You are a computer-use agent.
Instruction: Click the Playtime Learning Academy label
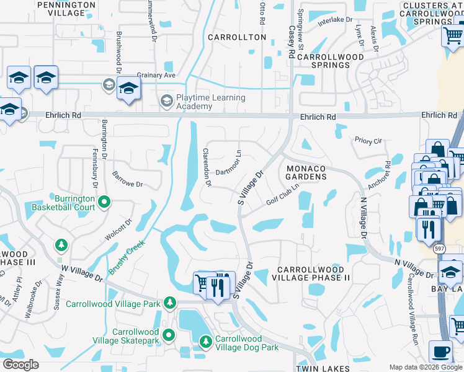[x=211, y=102]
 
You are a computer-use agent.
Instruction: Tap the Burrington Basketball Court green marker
[x=104, y=201]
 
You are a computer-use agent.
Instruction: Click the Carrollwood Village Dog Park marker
[x=207, y=340]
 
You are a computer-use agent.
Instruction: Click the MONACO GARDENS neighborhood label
[x=306, y=172]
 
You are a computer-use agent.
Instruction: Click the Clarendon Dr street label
[x=207, y=167]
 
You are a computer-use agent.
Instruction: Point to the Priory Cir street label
[x=368, y=141]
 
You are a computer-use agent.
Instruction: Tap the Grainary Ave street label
[x=157, y=75]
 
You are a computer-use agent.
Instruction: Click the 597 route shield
[x=440, y=248]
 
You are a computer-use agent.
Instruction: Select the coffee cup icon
[x=442, y=352]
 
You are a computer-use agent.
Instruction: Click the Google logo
[x=20, y=365]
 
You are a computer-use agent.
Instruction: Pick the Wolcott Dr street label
[x=120, y=228]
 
